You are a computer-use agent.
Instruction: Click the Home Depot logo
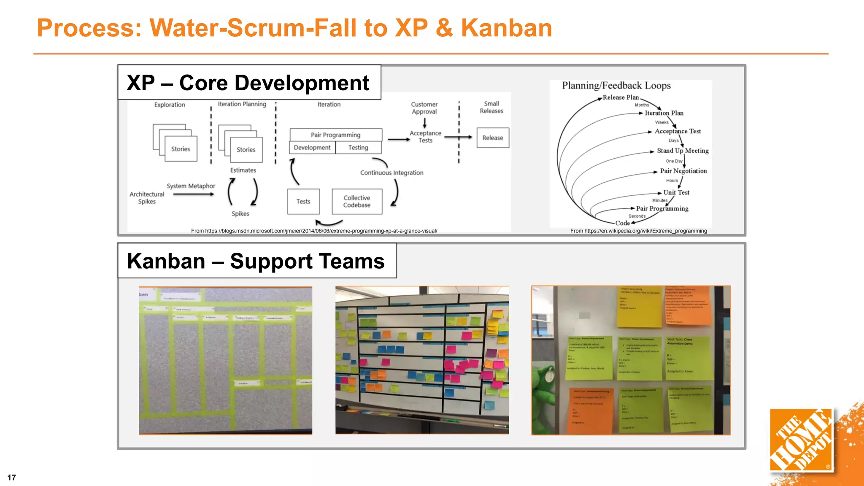pyautogui.click(x=801, y=440)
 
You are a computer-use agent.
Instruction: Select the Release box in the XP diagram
pyautogui.click(x=493, y=138)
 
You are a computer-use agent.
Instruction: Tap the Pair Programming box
pyautogui.click(x=336, y=135)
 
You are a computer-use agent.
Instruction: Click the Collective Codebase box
pyautogui.click(x=357, y=202)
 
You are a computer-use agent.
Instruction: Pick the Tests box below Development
pyautogui.click(x=303, y=202)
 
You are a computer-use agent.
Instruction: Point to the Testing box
pyautogui.click(x=358, y=148)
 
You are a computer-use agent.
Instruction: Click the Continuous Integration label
pyautogui.click(x=391, y=173)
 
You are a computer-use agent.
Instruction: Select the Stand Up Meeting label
pyautogui.click(x=683, y=151)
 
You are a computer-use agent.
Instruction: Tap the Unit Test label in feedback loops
pyautogui.click(x=676, y=192)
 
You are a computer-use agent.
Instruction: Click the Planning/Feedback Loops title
pyautogui.click(x=616, y=86)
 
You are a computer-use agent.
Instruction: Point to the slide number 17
pyautogui.click(x=12, y=478)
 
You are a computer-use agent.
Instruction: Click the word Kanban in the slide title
pyautogui.click(x=506, y=28)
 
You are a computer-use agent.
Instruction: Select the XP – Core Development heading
pyautogui.click(x=248, y=83)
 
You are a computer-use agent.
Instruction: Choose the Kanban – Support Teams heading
pyautogui.click(x=256, y=261)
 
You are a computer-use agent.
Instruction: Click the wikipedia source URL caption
pyautogui.click(x=638, y=231)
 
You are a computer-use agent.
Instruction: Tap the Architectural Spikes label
pyautogui.click(x=147, y=198)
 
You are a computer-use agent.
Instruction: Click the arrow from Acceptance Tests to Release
pyautogui.click(x=458, y=137)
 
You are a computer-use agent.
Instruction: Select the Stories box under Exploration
pyautogui.click(x=181, y=149)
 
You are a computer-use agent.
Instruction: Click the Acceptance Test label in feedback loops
pyautogui.click(x=678, y=131)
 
